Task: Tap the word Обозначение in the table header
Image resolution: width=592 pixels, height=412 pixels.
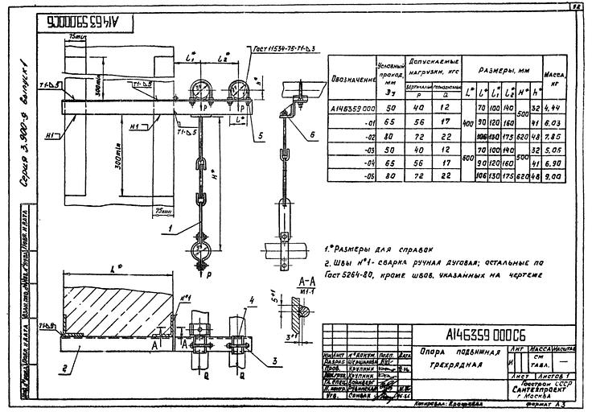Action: [353, 80]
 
